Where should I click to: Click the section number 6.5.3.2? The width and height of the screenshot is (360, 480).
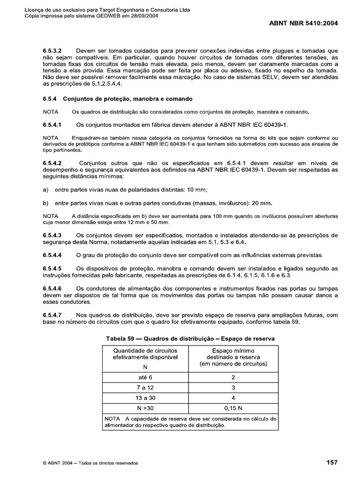(x=52, y=50)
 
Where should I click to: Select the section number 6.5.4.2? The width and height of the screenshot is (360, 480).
(x=52, y=163)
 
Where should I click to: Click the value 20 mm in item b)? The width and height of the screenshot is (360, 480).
(x=262, y=203)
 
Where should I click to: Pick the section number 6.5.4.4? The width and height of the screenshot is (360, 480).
(x=52, y=255)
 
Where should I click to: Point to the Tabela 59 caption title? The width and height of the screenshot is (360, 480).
(x=190, y=338)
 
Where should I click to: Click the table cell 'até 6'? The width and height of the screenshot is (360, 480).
(x=146, y=376)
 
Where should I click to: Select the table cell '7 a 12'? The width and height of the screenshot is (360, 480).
(x=146, y=388)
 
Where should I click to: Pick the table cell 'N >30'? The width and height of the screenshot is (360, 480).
(x=146, y=409)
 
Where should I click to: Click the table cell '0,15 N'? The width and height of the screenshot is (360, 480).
(x=233, y=409)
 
